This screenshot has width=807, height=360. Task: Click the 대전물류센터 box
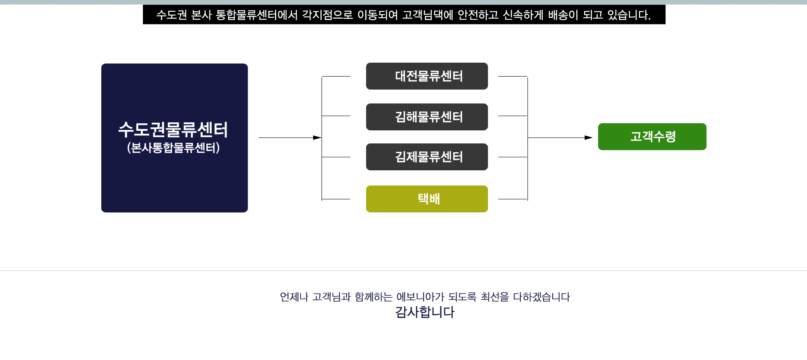click(427, 76)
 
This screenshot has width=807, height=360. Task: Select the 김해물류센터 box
click(427, 117)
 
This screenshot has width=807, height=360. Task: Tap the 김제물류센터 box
click(427, 157)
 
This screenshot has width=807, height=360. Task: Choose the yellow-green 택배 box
click(427, 199)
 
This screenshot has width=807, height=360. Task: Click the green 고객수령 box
click(652, 137)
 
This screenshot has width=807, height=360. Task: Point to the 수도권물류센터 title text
click(173, 130)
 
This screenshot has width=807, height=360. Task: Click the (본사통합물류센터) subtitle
click(173, 148)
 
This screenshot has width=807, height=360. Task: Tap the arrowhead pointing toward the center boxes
click(317, 138)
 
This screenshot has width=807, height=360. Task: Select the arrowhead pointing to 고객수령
click(588, 138)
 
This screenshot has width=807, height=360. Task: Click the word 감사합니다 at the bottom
click(425, 312)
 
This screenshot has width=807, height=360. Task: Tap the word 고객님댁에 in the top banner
click(427, 15)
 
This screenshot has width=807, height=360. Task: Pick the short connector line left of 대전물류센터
click(336, 77)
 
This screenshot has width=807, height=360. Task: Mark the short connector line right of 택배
click(512, 199)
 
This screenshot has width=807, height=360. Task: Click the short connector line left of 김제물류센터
click(336, 157)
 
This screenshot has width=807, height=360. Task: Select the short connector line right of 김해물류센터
click(512, 116)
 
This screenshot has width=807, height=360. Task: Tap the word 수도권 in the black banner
click(171, 15)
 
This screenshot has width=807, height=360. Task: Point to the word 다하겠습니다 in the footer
click(541, 297)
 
